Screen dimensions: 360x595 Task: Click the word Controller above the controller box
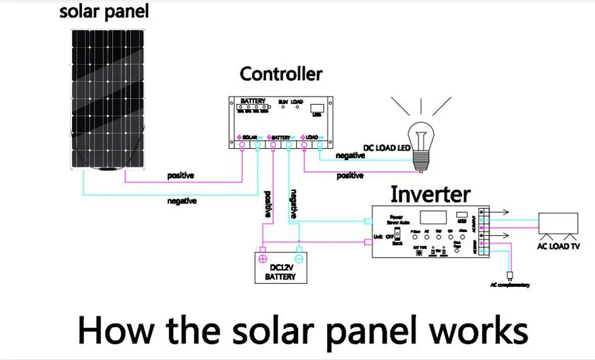(281, 74)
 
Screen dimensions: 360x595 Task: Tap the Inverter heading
(430, 194)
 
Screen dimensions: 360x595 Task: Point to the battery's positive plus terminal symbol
(262, 258)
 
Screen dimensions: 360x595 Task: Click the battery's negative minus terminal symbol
(299, 258)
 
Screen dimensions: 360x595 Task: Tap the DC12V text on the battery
(280, 268)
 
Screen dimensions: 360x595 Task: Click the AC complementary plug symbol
(510, 276)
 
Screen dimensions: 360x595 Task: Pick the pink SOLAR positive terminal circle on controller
(243, 144)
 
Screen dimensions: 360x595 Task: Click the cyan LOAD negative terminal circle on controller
(320, 144)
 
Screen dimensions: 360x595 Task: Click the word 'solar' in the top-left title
(82, 12)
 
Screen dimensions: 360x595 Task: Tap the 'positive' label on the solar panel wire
(181, 176)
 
